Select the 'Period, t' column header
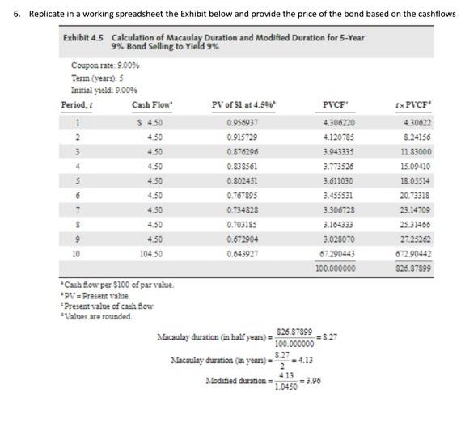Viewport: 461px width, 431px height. pos(78,105)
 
